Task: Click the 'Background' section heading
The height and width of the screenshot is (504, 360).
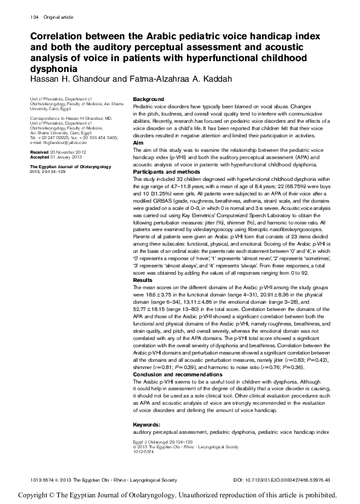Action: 149,99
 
